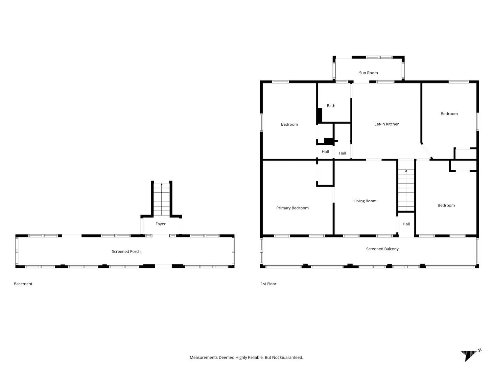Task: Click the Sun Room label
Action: click(368, 73)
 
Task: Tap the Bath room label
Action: click(331, 106)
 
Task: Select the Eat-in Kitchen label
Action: click(387, 124)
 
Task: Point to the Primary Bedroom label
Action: click(292, 208)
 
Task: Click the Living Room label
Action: click(365, 201)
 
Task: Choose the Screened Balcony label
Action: click(382, 249)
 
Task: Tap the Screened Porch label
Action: click(126, 252)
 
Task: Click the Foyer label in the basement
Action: click(160, 224)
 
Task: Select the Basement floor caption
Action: click(23, 284)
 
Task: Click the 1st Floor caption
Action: click(269, 284)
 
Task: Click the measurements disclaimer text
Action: click(246, 357)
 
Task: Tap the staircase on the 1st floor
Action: click(406, 191)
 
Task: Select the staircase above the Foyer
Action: click(161, 199)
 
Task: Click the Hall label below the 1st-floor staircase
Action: click(406, 224)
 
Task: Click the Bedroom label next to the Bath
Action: click(289, 124)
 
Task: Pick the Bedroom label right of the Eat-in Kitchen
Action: click(449, 114)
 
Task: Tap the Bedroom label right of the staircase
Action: click(446, 206)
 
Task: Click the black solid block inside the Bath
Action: click(319, 115)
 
